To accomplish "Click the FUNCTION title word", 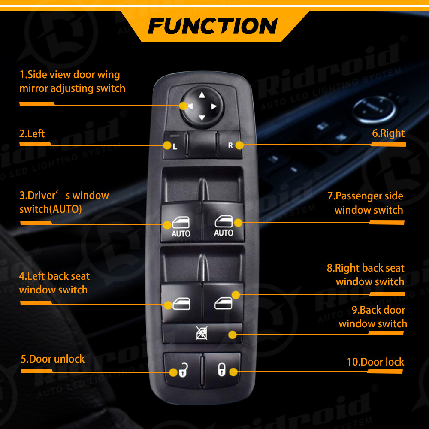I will [213, 25].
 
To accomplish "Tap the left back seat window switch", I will [181, 302].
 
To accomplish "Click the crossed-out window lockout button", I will [202, 333].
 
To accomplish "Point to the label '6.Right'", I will [388, 133].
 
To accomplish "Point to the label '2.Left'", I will [32, 133].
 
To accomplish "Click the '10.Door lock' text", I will [375, 362].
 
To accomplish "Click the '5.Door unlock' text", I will [53, 359].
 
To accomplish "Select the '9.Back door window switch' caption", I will [372, 317].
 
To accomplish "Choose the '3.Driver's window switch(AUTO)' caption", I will [63, 202].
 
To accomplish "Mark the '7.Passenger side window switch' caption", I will [366, 203].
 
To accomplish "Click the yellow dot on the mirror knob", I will [184, 105].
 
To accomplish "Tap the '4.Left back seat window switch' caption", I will [54, 283].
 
